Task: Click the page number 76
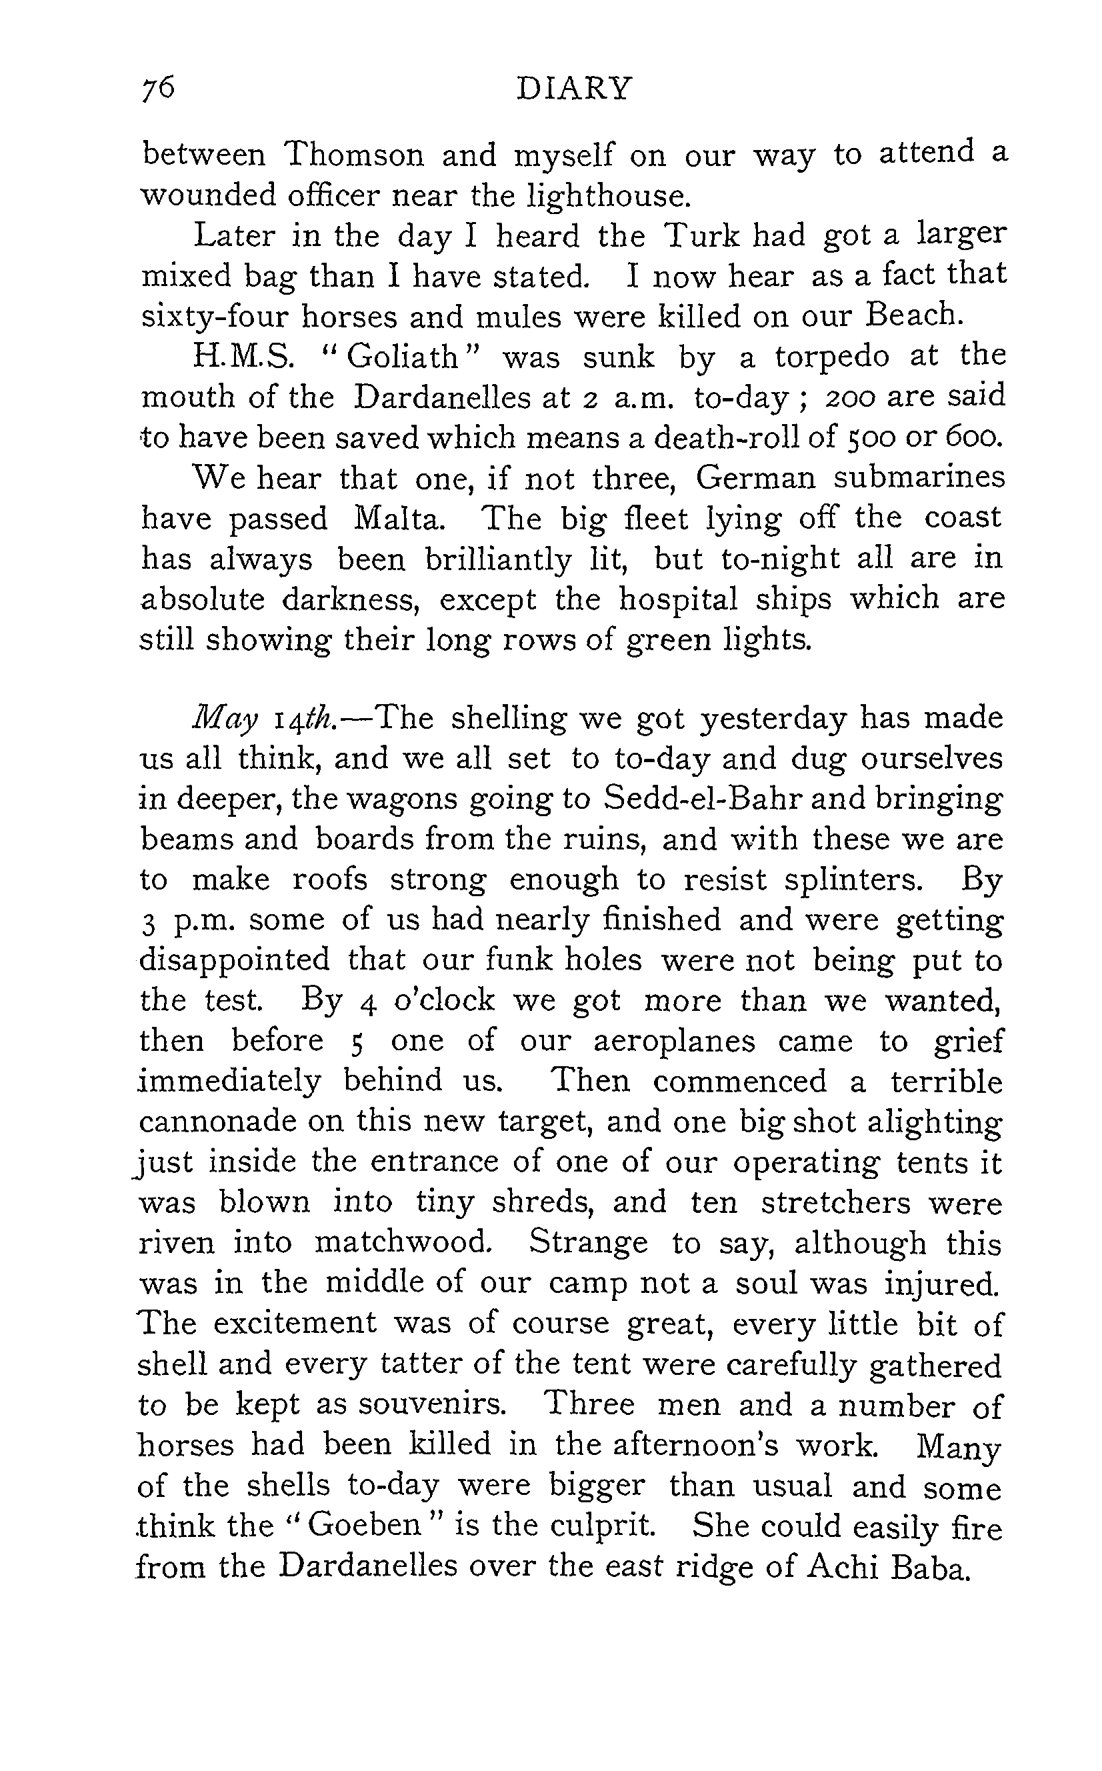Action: tap(159, 89)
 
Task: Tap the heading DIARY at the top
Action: tap(573, 89)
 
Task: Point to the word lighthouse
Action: tap(607, 195)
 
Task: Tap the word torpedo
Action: tap(831, 356)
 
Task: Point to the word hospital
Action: tap(679, 599)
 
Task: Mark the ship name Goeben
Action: tap(365, 1525)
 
